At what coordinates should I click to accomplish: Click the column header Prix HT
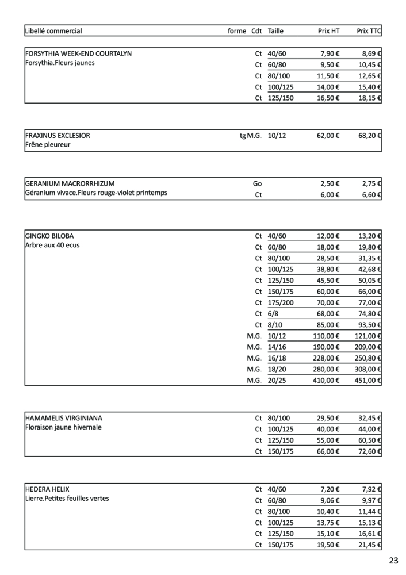(x=328, y=31)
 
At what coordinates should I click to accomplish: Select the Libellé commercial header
(x=53, y=31)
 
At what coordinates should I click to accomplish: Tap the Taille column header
(x=275, y=31)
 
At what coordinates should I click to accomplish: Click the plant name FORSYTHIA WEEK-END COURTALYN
(x=78, y=53)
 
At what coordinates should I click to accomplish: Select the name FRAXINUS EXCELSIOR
(x=58, y=136)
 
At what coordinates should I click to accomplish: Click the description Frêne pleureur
(x=48, y=145)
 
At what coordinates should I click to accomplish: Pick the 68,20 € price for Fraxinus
(x=370, y=136)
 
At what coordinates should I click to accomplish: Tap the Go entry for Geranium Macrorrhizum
(x=257, y=184)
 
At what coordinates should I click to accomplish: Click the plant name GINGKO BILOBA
(x=49, y=236)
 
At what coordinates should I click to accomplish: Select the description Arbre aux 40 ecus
(x=52, y=246)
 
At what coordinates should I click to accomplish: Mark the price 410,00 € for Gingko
(x=327, y=380)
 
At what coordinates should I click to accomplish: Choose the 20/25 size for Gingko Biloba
(x=277, y=380)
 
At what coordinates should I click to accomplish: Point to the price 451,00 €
(x=368, y=380)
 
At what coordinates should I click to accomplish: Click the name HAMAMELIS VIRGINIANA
(x=64, y=418)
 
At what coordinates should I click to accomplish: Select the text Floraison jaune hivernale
(x=63, y=428)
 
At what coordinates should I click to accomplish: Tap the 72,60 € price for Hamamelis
(x=370, y=451)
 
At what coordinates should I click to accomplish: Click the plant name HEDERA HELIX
(x=47, y=489)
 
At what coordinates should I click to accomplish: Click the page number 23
(x=393, y=561)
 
